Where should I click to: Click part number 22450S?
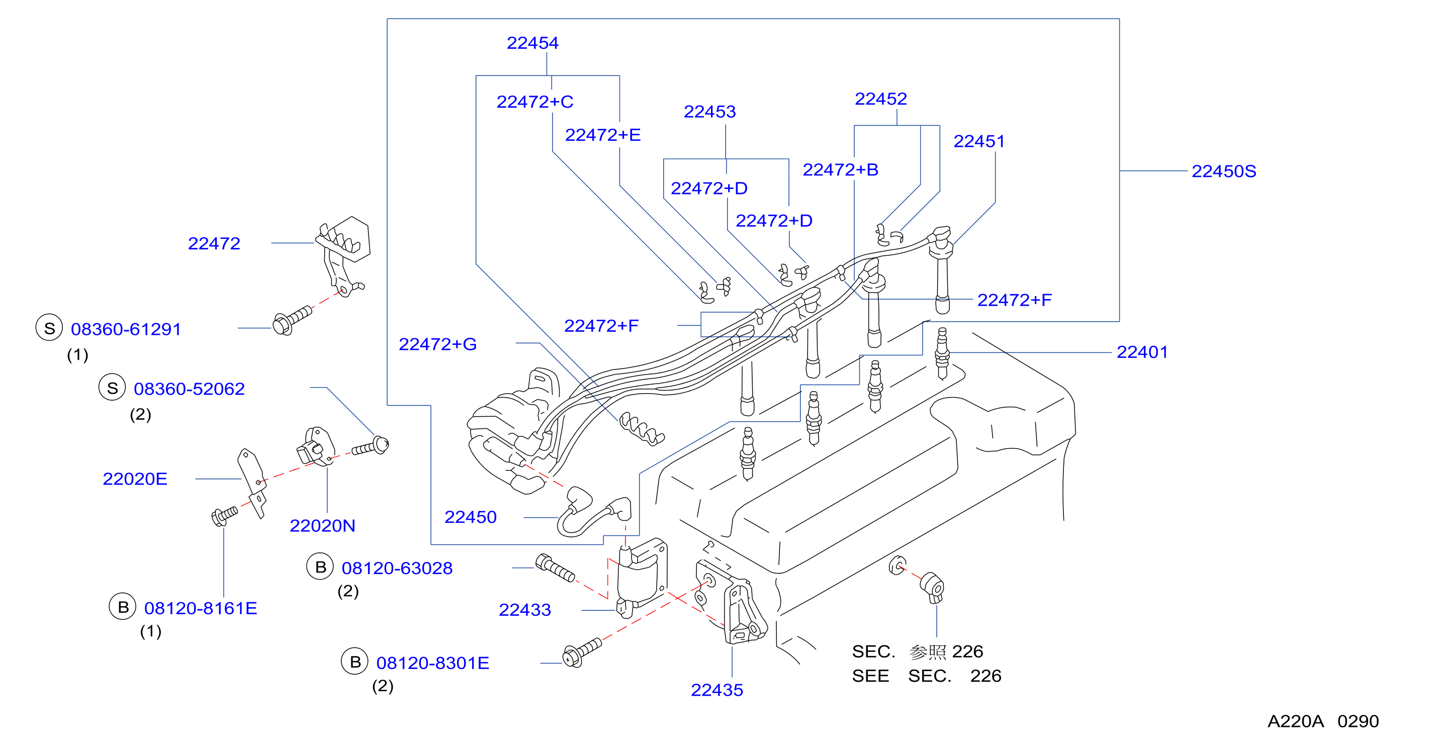[x=1224, y=171]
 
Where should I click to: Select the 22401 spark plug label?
[x=1142, y=352]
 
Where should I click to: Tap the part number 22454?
[x=532, y=43]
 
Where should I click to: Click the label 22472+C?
[x=534, y=103]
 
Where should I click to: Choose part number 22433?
[x=524, y=610]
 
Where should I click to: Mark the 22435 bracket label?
[x=716, y=690]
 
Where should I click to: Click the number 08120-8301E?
[x=432, y=664]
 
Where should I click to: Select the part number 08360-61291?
[x=126, y=330]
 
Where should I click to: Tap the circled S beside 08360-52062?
[x=112, y=388]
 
